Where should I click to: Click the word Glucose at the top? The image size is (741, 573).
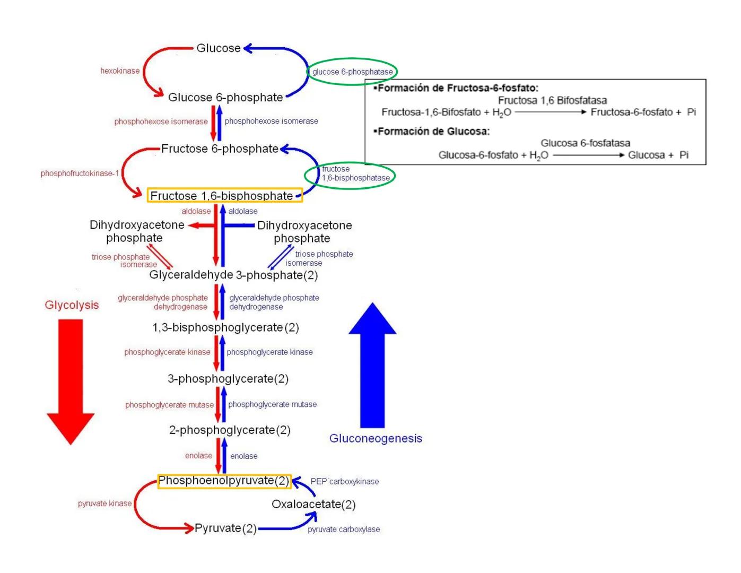(x=218, y=48)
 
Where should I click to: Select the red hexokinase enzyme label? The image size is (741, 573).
(x=120, y=71)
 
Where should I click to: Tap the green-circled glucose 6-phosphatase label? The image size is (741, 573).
(x=352, y=72)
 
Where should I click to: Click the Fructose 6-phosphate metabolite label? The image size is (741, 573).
(x=220, y=149)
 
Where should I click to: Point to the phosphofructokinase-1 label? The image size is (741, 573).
(x=80, y=173)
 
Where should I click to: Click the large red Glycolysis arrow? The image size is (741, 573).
(x=71, y=379)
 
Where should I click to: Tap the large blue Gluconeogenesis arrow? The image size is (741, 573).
(x=372, y=366)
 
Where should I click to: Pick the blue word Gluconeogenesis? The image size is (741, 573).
(x=376, y=439)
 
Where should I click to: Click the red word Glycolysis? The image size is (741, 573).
(x=72, y=305)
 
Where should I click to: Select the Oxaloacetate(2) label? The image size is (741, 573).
(x=313, y=505)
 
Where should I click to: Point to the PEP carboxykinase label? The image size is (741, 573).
(x=344, y=482)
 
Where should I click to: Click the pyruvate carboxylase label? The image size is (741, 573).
(x=344, y=529)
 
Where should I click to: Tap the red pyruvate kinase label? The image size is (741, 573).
(x=104, y=503)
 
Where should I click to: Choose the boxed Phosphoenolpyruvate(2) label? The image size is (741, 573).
(x=224, y=481)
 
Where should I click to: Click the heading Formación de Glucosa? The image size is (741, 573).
(x=433, y=131)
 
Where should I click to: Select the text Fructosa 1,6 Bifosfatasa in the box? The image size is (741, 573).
(x=552, y=100)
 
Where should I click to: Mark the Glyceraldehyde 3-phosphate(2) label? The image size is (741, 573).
(x=233, y=275)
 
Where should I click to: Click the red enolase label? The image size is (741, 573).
(x=198, y=456)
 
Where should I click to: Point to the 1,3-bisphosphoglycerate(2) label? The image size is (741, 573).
(x=225, y=328)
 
